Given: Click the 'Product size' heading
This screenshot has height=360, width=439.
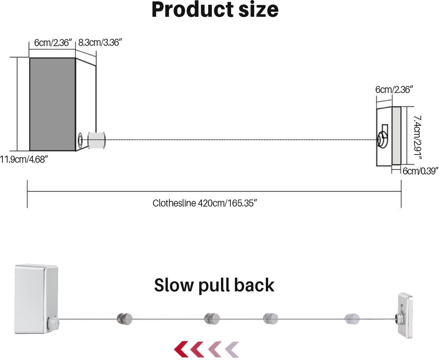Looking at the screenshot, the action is [x=215, y=10].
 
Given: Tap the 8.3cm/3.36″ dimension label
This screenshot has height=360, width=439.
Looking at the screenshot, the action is [x=100, y=42].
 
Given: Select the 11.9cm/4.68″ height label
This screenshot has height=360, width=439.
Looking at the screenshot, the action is [x=24, y=160].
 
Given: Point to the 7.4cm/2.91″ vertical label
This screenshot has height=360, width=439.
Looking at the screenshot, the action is [x=417, y=138].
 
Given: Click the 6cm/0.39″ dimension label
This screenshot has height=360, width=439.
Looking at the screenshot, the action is [x=420, y=171].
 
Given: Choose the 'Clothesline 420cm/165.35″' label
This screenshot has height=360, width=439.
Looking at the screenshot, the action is [x=205, y=203].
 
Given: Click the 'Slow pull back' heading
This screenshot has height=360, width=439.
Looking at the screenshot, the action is [x=214, y=286].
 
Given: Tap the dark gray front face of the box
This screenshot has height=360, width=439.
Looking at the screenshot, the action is [x=52, y=104].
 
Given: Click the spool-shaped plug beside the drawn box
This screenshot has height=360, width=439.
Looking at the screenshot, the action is [x=97, y=140].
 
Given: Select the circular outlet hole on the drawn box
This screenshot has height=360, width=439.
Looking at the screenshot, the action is [x=80, y=141].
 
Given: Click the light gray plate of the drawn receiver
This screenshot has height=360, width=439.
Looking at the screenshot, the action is [x=397, y=136].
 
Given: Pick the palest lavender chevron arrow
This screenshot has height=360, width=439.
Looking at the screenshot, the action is [x=232, y=349].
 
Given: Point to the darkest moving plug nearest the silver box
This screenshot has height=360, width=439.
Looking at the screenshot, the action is [x=124, y=319].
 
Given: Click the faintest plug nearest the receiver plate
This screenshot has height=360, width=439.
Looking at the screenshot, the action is [x=352, y=319].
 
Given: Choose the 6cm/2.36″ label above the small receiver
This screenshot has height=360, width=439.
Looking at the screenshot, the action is [x=394, y=90].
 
